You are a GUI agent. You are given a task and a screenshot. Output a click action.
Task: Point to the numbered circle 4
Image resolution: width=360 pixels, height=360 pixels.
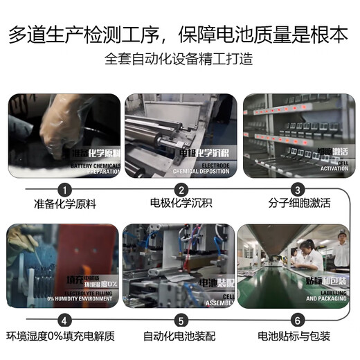[64, 321]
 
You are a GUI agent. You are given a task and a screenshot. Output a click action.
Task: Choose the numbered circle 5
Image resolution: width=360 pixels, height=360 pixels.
[181, 321]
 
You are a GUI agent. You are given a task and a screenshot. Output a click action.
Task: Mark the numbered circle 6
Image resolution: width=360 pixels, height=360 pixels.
[297, 321]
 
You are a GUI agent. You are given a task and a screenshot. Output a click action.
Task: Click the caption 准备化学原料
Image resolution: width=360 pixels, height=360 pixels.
[64, 204]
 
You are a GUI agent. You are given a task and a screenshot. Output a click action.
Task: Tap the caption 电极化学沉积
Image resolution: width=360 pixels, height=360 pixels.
[181, 204]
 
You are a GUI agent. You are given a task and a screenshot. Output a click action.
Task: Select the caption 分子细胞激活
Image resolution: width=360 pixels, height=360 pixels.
[297, 204]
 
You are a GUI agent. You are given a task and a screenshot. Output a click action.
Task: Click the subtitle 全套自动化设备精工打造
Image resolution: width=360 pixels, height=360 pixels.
[179, 59]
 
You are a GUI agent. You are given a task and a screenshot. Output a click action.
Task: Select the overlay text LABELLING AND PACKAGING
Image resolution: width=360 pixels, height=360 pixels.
[327, 297]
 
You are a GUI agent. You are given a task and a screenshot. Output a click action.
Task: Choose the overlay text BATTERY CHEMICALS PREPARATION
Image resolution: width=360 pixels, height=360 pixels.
[96, 168]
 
